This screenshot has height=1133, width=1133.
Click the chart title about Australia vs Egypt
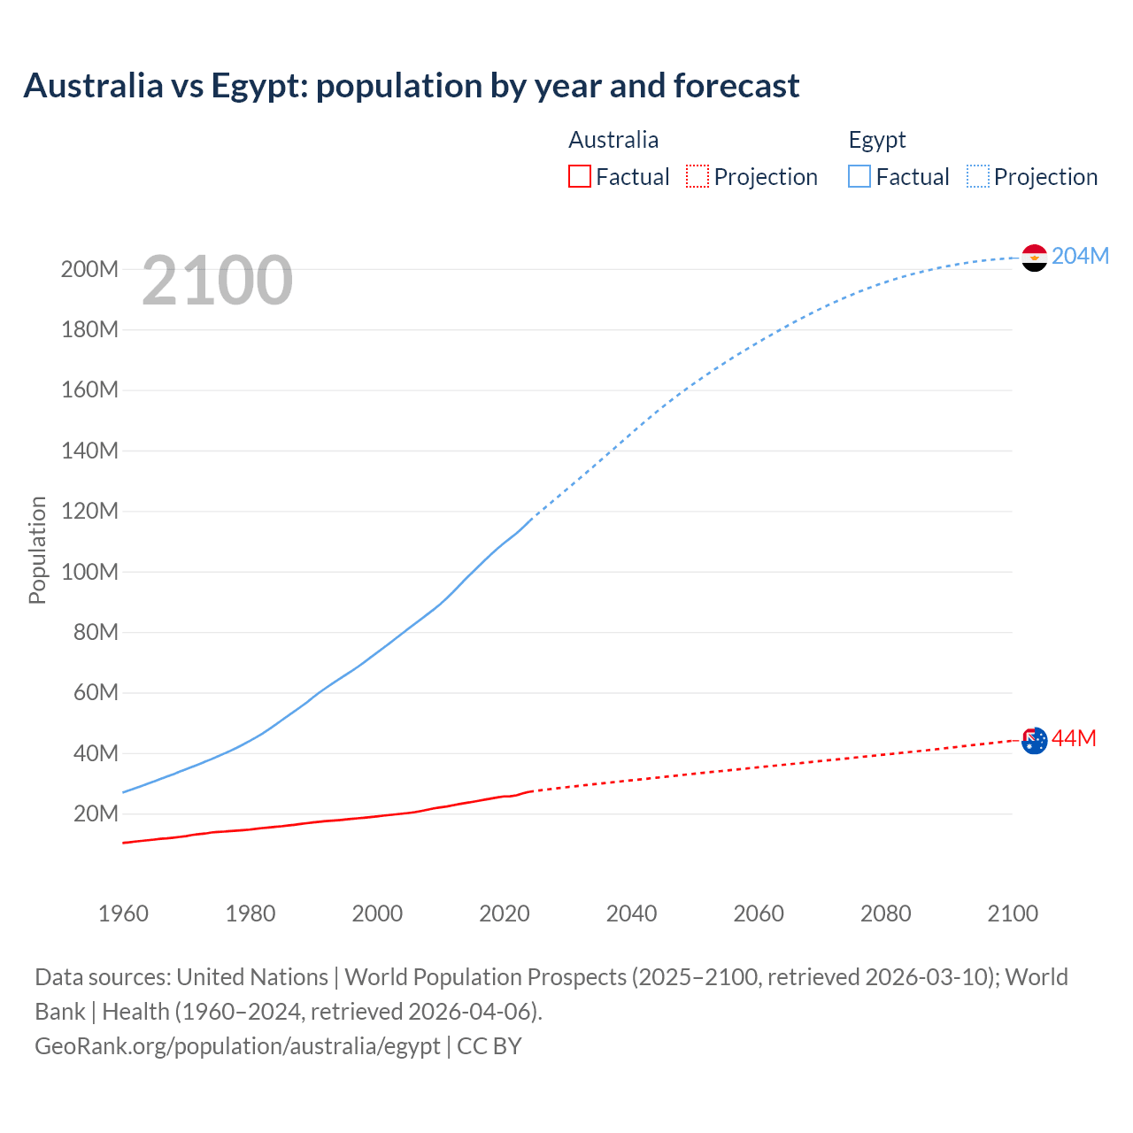[x=412, y=86]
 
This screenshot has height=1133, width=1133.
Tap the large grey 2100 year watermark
[x=217, y=281]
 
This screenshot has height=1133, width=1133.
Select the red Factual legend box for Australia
[x=579, y=176]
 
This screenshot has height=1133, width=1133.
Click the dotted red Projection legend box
[x=697, y=176]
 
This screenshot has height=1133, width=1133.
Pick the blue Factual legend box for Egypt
[x=859, y=176]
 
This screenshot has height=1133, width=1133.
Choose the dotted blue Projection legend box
[x=977, y=176]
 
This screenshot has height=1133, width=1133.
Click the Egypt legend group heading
[x=876, y=140]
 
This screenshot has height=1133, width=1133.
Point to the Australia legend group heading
[x=613, y=140]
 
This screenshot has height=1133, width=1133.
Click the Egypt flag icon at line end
[x=1034, y=258]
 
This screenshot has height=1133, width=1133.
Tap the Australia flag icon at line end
[x=1034, y=740]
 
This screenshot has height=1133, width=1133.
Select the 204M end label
[x=1080, y=256]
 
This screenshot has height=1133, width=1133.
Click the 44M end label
[x=1074, y=738]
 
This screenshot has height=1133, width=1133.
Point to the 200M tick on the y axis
[x=89, y=269]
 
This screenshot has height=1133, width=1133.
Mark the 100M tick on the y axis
[x=89, y=572]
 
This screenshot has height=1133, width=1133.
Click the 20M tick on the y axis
[x=96, y=813]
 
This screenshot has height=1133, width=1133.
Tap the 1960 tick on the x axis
[x=123, y=913]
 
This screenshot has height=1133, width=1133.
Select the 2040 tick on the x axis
[x=631, y=913]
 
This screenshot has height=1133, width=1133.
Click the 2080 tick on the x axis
[x=885, y=913]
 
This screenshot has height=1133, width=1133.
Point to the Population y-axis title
[x=37, y=550]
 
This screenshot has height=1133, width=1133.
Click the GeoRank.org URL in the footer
[x=237, y=1046]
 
